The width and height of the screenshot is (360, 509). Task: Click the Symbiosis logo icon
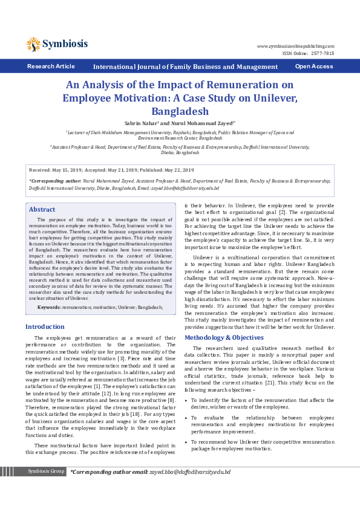33,44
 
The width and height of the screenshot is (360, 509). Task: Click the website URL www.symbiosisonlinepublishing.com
295,46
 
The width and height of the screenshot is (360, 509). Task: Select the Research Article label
51,66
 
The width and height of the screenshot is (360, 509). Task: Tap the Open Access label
313,66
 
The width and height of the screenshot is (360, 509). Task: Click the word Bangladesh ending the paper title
180,111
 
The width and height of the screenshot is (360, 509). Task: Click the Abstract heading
42,209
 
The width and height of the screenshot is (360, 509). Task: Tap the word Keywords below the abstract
49,307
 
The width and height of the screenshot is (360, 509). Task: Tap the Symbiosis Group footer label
46,472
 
